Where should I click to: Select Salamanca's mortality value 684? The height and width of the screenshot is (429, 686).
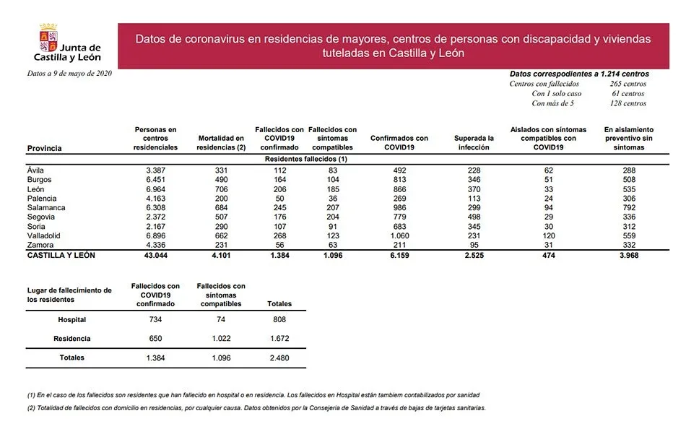point(221,208)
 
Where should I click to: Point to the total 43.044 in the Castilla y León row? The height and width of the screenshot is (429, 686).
point(156,255)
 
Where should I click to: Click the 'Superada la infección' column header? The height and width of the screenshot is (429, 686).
point(474,142)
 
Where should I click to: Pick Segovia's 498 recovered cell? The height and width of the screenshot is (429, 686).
point(474,217)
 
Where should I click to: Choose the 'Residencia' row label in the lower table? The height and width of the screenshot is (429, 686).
point(72,339)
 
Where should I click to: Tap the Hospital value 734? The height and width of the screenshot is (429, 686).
point(155,320)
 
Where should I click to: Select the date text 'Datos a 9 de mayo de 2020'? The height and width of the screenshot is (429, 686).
point(69,74)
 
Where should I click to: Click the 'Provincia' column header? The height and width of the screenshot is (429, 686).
point(44,148)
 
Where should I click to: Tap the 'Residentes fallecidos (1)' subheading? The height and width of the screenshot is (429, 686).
point(306,158)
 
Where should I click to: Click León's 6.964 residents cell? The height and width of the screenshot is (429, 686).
point(156,189)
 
